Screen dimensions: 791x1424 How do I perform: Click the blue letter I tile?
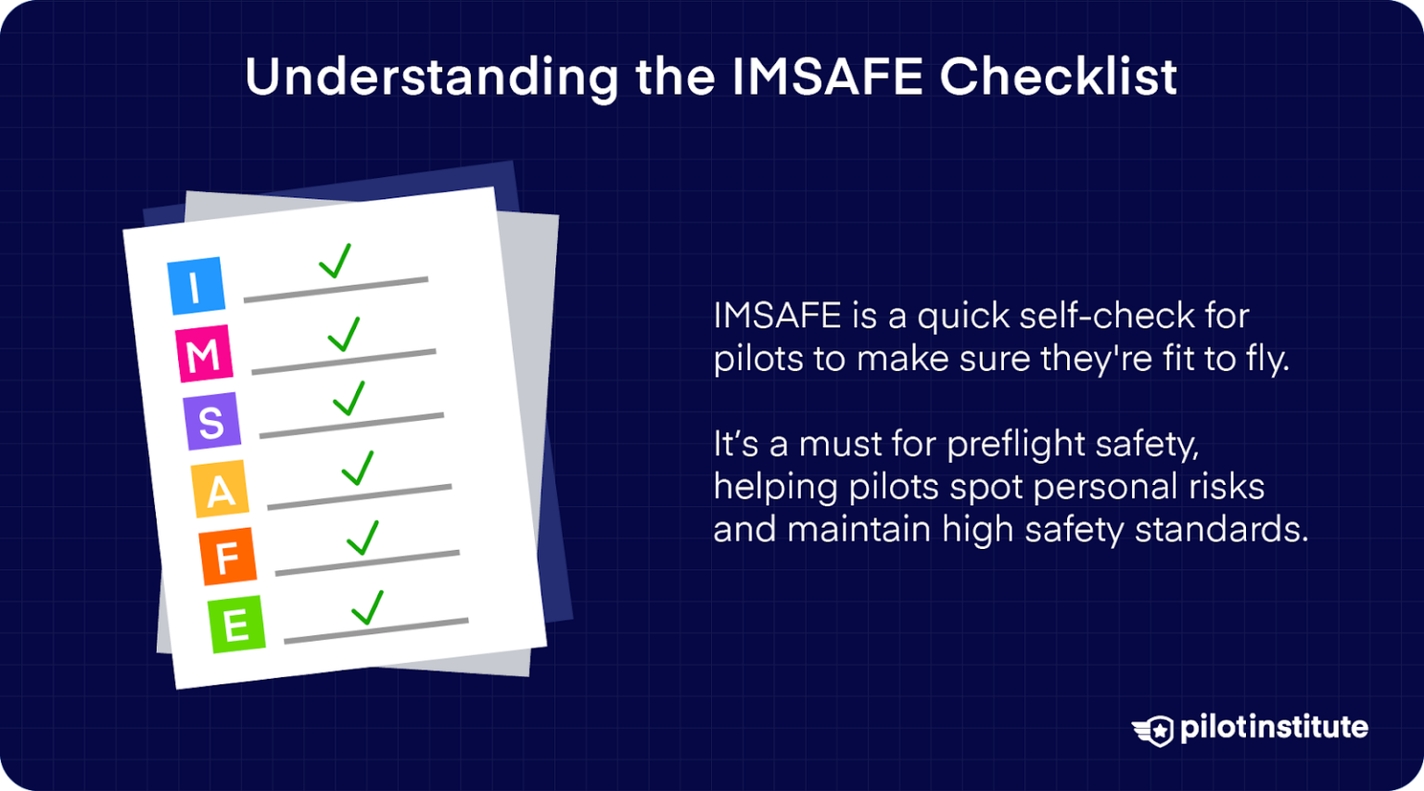tap(196, 286)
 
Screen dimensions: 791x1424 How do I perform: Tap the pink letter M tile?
tap(204, 353)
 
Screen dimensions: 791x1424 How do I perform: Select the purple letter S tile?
tap(211, 421)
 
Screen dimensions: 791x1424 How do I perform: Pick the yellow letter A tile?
tap(220, 489)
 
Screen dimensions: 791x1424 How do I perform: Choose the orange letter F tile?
tap(227, 556)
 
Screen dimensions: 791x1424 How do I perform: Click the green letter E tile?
tap(235, 624)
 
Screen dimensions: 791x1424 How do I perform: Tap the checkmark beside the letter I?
tap(336, 261)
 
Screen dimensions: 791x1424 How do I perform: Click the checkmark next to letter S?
tap(350, 398)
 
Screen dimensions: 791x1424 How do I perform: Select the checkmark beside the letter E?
tap(368, 607)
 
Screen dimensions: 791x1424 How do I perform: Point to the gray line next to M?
tap(343, 362)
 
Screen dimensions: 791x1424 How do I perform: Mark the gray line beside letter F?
tap(367, 562)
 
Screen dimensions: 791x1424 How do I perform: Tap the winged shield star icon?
tap(1153, 730)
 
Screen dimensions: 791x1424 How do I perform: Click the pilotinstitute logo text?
tap(1274, 727)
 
